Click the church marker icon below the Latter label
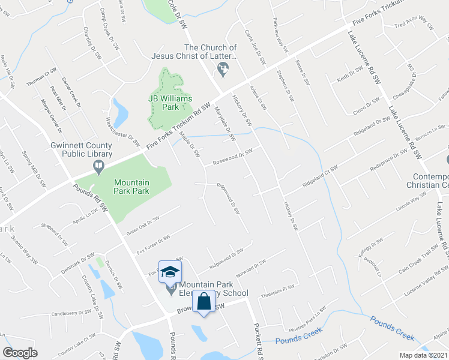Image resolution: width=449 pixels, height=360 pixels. click(x=223, y=71)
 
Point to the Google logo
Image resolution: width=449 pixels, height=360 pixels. click(x=20, y=353)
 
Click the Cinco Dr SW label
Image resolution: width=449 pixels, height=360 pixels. click(x=364, y=107)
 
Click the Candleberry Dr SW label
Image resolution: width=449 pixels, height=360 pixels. click(x=70, y=313)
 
